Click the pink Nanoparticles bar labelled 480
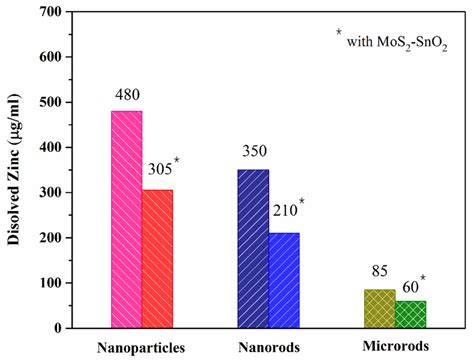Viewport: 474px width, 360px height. point(127,219)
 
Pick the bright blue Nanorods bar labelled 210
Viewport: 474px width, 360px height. point(283,280)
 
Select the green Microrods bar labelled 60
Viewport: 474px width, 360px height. point(410,314)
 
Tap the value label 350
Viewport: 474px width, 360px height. point(254,156)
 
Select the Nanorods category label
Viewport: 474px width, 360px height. point(269,347)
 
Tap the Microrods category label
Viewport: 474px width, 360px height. point(395,346)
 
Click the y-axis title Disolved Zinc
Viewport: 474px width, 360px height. point(14,171)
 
